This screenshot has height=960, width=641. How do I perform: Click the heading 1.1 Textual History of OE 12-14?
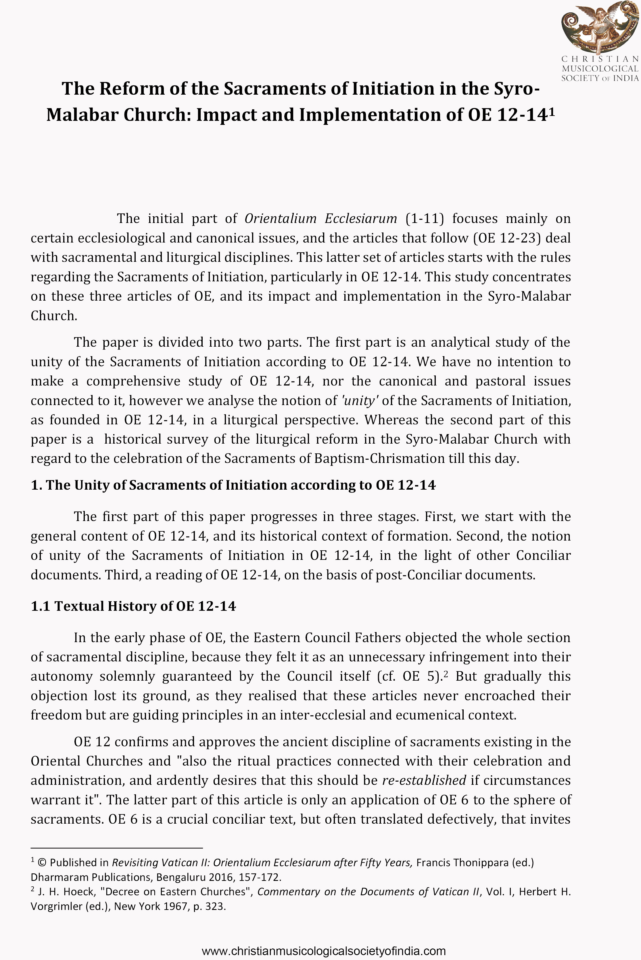[133, 606]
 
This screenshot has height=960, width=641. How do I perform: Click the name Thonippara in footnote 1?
[480, 863]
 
